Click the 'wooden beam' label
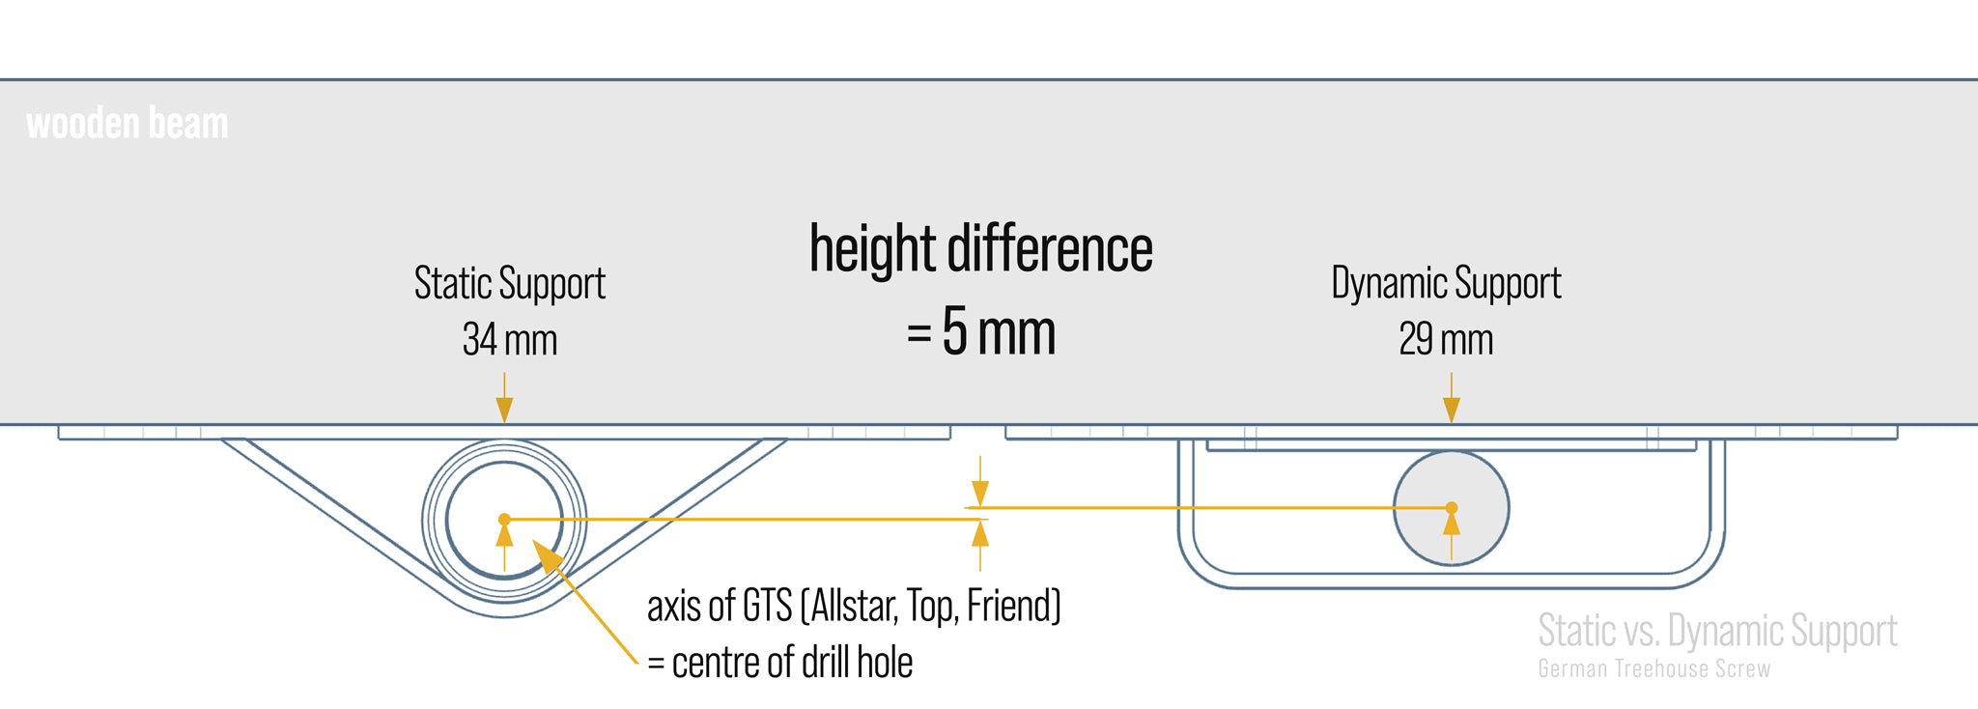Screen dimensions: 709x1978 [x=127, y=124]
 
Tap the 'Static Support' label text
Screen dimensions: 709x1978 [x=510, y=283]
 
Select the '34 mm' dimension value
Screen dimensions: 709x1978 [x=510, y=339]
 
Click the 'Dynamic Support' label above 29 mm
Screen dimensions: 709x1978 [x=1446, y=283]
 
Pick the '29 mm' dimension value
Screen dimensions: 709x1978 [x=1446, y=339]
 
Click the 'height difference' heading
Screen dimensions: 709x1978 [x=980, y=249]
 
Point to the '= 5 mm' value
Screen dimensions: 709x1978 [x=980, y=331]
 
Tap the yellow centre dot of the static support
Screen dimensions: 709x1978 [x=504, y=520]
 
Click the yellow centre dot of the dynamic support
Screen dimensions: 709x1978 [x=1451, y=507]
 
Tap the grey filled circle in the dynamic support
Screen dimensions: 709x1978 [x=1420, y=483]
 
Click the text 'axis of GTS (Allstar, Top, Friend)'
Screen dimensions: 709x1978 [x=854, y=607]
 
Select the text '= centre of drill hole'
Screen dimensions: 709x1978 [x=780, y=663]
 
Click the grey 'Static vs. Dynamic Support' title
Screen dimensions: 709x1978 [x=1717, y=630]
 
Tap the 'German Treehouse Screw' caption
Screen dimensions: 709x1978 [x=1653, y=668]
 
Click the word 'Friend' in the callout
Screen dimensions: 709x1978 [x=1012, y=607]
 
